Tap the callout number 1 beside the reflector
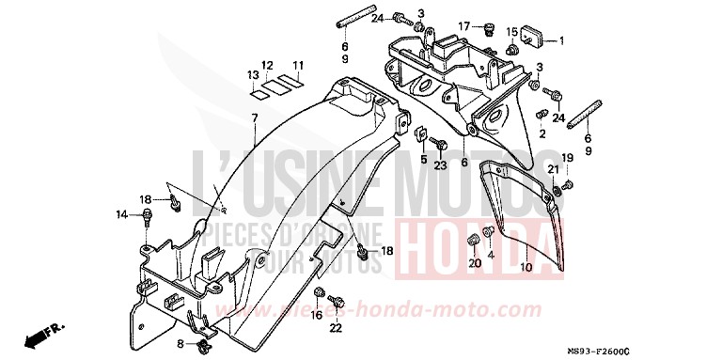(x=561, y=40)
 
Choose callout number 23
(x=441, y=166)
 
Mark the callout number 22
(x=336, y=327)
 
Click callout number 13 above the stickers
(x=253, y=74)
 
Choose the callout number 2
(x=541, y=133)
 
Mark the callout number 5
(x=423, y=160)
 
